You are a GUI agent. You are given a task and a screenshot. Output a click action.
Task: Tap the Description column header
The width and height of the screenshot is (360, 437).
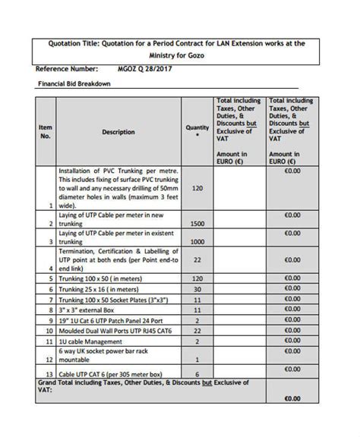pyautogui.click(x=118, y=132)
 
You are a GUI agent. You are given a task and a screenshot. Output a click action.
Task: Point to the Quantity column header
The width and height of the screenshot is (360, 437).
pyautogui.click(x=197, y=128)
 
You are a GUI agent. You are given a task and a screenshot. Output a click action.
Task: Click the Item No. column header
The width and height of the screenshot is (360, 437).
pyautogui.click(x=45, y=132)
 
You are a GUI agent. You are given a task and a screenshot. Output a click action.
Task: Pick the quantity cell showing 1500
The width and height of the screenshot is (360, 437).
pyautogui.click(x=197, y=225)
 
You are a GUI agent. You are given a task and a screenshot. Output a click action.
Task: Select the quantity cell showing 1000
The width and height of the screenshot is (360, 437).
pyautogui.click(x=197, y=242)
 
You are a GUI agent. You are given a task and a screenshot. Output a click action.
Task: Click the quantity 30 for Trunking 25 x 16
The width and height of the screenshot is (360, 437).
pyautogui.click(x=197, y=289)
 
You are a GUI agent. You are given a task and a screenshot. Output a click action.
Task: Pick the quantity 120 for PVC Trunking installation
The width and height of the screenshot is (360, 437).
pyautogui.click(x=197, y=188)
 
